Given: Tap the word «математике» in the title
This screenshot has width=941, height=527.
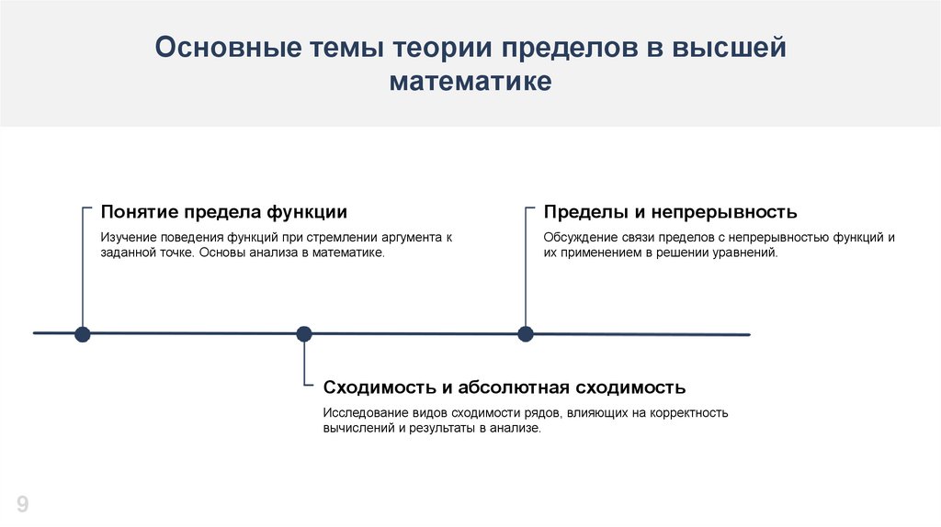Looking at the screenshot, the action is point(470,82).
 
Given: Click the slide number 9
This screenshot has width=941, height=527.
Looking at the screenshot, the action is point(22,504).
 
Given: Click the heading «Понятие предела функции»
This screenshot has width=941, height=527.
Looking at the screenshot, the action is point(224,212).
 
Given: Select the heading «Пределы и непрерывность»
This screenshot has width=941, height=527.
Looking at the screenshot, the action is point(670,212).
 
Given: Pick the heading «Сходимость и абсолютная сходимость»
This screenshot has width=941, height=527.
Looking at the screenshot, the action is point(505,387).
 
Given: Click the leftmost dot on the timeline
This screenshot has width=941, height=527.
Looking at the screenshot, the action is point(83,333).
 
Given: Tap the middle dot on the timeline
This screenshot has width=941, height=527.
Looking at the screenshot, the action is point(304,333).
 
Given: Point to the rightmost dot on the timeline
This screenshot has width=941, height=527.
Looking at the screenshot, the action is point(526,333).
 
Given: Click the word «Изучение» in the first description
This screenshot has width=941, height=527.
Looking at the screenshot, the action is point(126,237).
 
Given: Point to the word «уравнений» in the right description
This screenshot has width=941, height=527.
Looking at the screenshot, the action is point(747,252).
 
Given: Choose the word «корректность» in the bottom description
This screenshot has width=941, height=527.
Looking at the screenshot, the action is point(690,412).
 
